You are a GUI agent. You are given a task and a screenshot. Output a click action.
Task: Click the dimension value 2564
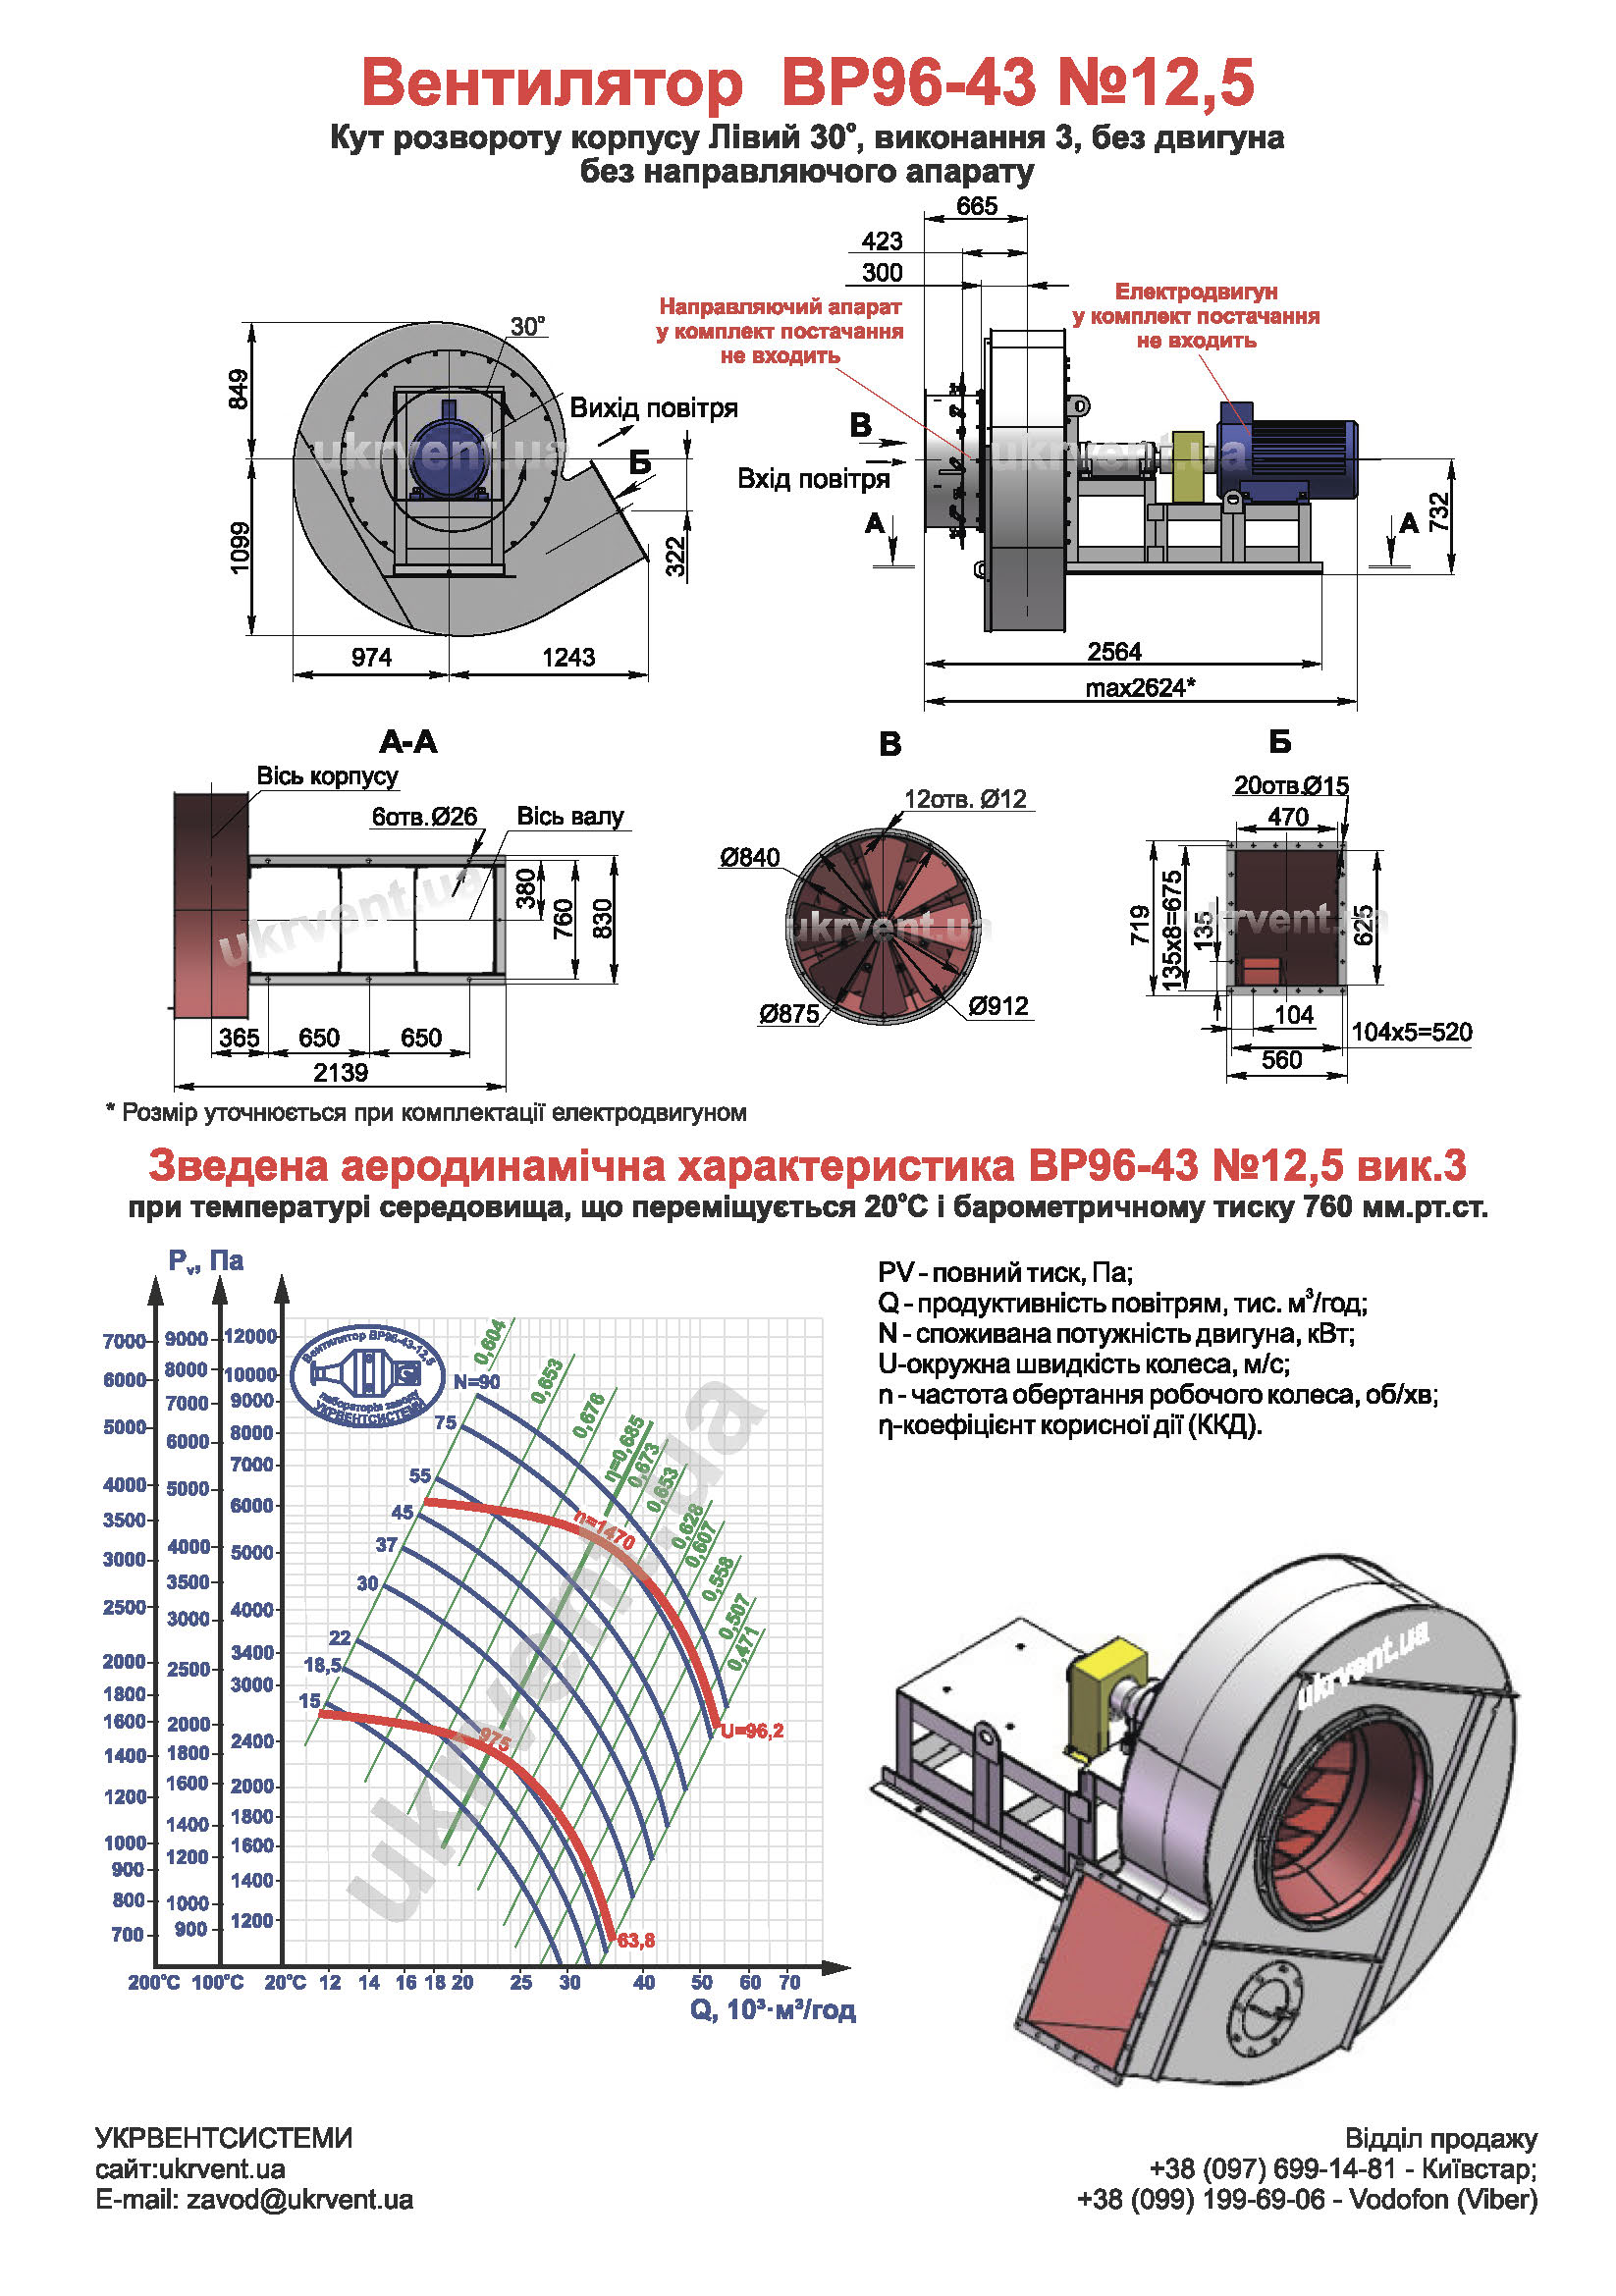(1114, 652)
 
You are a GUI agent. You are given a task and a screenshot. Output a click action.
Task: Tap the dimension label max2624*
(1140, 688)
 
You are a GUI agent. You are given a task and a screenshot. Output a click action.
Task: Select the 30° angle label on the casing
(528, 327)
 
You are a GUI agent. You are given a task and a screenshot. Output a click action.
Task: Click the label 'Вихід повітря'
(653, 408)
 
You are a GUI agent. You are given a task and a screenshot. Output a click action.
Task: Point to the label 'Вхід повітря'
(813, 479)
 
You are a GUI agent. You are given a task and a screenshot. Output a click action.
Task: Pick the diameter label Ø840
(749, 857)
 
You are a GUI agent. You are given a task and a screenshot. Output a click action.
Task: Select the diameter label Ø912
(998, 1006)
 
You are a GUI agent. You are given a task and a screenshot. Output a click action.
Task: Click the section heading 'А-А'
(408, 742)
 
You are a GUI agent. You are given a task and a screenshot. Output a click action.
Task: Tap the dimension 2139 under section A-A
(340, 1073)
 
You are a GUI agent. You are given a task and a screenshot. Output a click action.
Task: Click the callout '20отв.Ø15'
(1291, 786)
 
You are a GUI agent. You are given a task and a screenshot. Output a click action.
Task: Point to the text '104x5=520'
(1411, 1032)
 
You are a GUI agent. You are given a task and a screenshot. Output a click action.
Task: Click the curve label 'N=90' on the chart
(476, 1382)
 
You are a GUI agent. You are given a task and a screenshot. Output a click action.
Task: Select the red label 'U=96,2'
(752, 1731)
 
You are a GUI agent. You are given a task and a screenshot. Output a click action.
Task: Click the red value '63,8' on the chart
(636, 1940)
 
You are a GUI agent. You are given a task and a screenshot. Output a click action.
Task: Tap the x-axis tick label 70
(789, 1982)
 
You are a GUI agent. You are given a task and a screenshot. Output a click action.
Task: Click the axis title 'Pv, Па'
(206, 1261)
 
